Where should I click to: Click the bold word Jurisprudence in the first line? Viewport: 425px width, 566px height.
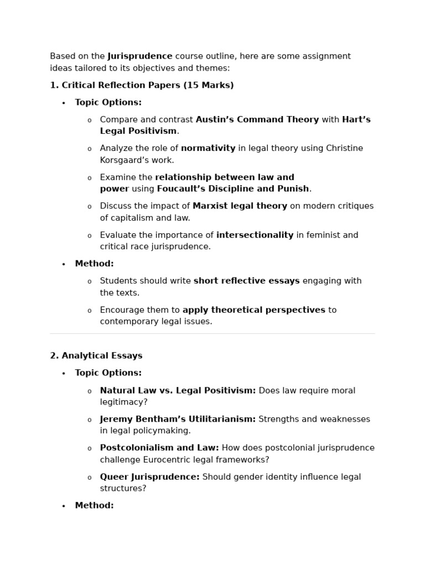(x=140, y=56)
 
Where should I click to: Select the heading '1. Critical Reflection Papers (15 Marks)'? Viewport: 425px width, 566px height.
(x=142, y=85)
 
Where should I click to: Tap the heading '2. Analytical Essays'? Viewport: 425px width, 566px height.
(x=96, y=355)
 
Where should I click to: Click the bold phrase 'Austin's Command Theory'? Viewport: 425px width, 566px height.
(x=257, y=119)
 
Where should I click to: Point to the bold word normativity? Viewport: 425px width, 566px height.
(x=208, y=148)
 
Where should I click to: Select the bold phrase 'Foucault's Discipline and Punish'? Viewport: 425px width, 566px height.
(x=233, y=189)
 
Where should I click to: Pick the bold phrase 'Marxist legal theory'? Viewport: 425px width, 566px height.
(x=240, y=206)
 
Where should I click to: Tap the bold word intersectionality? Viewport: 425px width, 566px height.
(x=255, y=235)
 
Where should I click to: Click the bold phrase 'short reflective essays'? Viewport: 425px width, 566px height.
(x=246, y=281)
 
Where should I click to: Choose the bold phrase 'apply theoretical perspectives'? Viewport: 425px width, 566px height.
(x=253, y=310)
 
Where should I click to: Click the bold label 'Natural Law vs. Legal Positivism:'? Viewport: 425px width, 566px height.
(x=178, y=391)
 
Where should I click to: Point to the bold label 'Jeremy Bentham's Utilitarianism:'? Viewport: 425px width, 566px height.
(x=178, y=419)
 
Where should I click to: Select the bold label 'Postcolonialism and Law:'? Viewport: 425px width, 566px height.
(x=159, y=448)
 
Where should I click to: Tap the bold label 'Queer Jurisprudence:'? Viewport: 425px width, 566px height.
(x=149, y=477)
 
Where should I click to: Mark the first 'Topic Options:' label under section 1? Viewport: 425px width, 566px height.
(x=108, y=102)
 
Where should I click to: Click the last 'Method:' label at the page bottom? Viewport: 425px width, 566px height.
(x=94, y=505)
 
